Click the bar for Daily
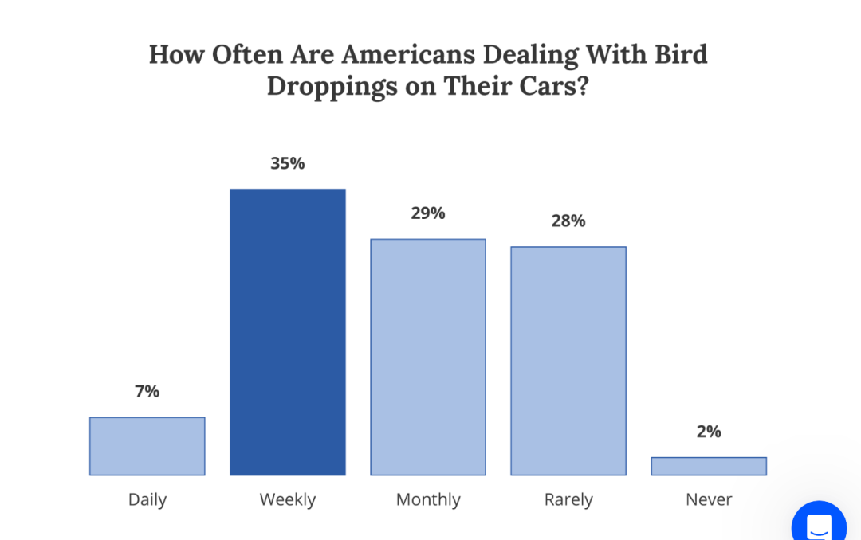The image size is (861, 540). (x=147, y=446)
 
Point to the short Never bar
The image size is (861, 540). (x=709, y=466)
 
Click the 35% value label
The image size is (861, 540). (x=288, y=163)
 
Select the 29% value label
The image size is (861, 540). (x=428, y=213)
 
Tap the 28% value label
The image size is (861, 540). (x=568, y=221)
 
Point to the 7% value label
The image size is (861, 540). (x=147, y=391)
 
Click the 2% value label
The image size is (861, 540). (x=709, y=432)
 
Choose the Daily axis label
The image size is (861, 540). (x=147, y=500)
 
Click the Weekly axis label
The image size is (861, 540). (x=288, y=500)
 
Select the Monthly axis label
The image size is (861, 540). (x=428, y=500)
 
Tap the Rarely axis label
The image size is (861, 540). (x=568, y=500)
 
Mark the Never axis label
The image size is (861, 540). (x=709, y=500)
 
